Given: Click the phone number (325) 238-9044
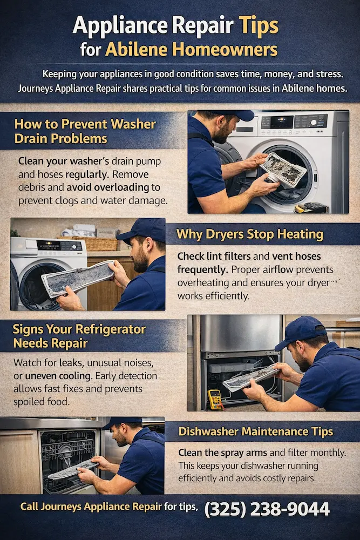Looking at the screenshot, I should click(267, 509).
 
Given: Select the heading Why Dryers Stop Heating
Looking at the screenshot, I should click(250, 234).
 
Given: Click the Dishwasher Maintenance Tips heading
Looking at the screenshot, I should click(263, 431).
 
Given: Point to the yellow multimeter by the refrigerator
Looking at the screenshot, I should click(214, 399).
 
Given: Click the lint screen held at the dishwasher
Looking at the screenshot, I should click(73, 470).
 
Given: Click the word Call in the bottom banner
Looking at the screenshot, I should click(31, 507).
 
